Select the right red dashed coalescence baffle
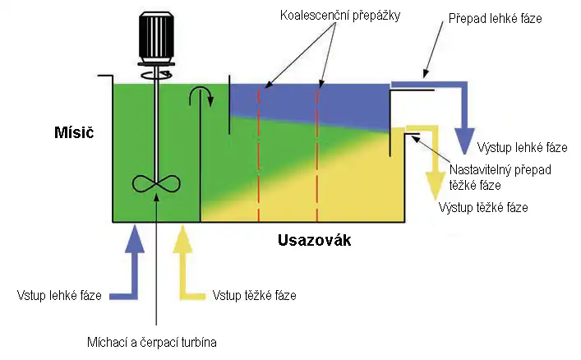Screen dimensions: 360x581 (317, 148)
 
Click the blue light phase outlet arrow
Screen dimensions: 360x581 (465, 115)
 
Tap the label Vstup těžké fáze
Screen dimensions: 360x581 (254, 295)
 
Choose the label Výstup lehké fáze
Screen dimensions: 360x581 (522, 149)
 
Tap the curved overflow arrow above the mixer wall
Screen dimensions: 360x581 (201, 95)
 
